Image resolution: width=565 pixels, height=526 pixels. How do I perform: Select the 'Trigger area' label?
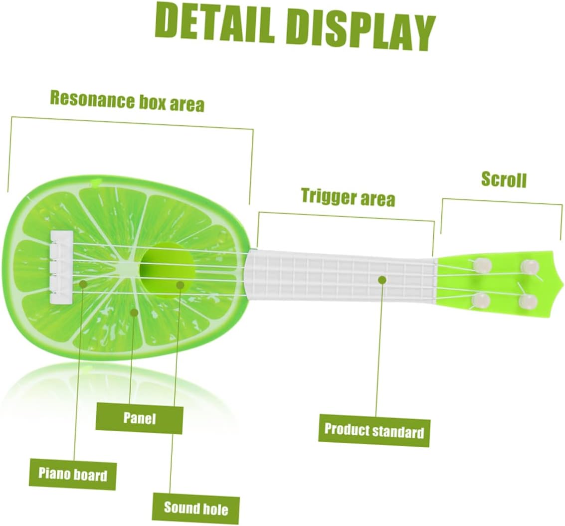(x=348, y=197)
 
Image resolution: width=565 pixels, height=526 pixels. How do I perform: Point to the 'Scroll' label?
(x=503, y=179)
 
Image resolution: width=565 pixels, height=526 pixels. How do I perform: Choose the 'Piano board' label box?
(x=73, y=473)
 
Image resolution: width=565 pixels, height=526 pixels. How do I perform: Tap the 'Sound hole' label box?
(x=195, y=508)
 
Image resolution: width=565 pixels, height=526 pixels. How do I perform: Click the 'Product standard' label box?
(x=374, y=430)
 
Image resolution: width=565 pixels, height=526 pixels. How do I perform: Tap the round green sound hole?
(x=167, y=267)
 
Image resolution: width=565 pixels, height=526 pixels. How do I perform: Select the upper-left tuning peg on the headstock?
(x=483, y=264)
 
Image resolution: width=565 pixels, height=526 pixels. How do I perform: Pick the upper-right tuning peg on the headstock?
(x=529, y=266)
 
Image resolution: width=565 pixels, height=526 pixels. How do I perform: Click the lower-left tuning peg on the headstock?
(x=482, y=300)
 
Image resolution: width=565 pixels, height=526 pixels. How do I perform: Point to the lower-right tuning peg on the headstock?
(x=529, y=301)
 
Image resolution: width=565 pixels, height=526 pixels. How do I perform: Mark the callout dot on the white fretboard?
(x=382, y=279)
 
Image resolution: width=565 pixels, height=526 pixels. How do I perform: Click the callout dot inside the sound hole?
(x=180, y=285)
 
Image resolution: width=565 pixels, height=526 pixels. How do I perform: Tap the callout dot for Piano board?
(x=83, y=284)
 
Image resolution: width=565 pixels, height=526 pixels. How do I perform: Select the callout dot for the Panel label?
(x=134, y=312)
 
